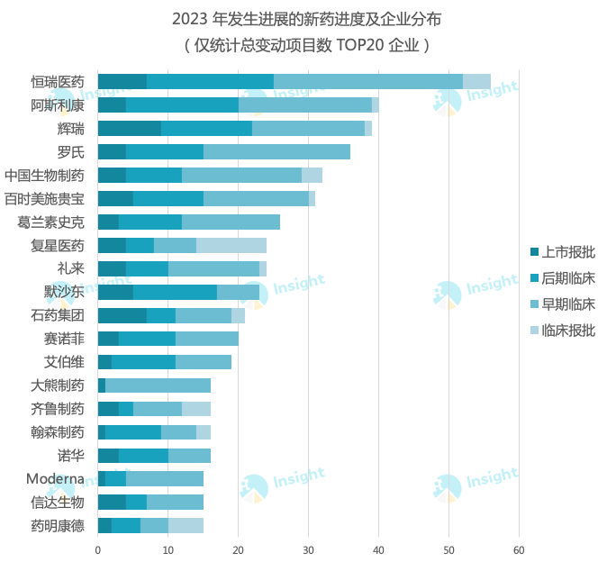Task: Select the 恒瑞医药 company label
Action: (57, 82)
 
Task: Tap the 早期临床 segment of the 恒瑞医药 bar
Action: (367, 82)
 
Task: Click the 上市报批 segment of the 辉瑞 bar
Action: (129, 129)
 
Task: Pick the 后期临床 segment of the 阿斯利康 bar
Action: (182, 105)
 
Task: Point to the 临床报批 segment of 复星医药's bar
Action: (231, 245)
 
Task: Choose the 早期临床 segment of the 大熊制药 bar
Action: (158, 385)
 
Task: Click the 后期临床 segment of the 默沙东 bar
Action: (175, 292)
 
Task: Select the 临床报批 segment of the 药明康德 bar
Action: (186, 526)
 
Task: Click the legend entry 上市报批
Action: (562, 252)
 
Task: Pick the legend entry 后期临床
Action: (562, 278)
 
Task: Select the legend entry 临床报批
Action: (562, 331)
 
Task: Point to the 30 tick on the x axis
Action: (308, 547)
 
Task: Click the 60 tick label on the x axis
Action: (519, 547)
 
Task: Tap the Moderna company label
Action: (55, 478)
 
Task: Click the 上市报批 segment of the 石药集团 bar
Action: (122, 315)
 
